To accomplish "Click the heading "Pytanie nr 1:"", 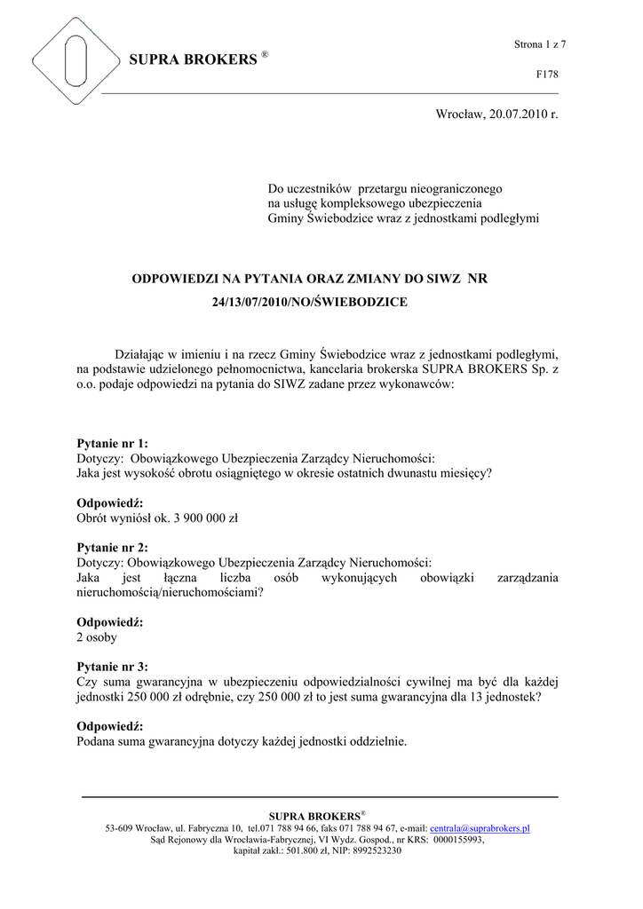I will click(x=113, y=443).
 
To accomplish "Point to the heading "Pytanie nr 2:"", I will click(x=113, y=548).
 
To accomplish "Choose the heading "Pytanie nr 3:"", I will click(x=113, y=667).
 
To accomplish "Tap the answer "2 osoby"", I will click(x=97, y=637).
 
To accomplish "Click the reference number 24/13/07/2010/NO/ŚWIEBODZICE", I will click(x=310, y=303).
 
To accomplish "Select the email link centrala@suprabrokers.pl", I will click(x=480, y=828).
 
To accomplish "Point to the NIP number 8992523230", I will click(x=377, y=850).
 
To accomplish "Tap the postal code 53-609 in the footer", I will click(x=122, y=828).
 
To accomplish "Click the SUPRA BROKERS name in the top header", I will click(x=192, y=60).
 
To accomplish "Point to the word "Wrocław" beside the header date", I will click(x=459, y=115).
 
